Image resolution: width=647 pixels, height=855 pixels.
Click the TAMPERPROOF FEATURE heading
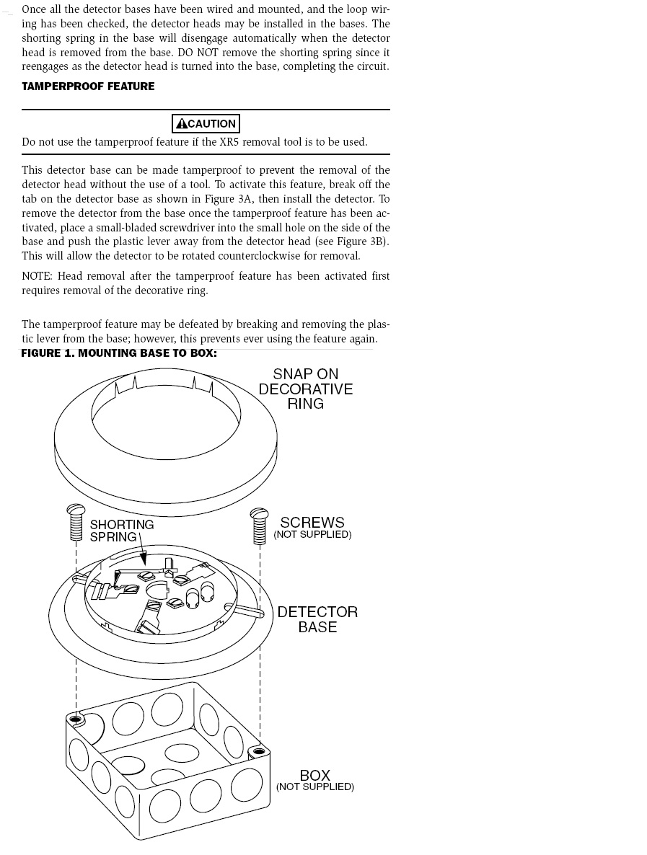pos(88,87)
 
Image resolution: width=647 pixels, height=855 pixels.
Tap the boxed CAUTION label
pos(206,123)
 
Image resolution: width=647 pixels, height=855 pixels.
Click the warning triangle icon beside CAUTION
pos(182,123)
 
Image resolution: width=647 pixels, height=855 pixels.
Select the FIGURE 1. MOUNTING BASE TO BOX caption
pos(119,353)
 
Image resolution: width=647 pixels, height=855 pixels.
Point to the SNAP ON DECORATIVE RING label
pos(306,389)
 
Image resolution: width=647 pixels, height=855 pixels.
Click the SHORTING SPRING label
pos(122,531)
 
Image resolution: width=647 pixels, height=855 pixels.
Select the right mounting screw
pos(259,526)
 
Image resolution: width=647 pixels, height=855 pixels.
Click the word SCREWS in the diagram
pos(312,523)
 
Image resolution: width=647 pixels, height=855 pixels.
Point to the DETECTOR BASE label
pos(317,619)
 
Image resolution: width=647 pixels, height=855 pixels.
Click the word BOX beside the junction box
pos(314,775)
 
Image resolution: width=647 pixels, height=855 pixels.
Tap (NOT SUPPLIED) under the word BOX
pos(314,787)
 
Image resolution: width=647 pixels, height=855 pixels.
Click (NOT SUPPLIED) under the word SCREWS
pos(312,534)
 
